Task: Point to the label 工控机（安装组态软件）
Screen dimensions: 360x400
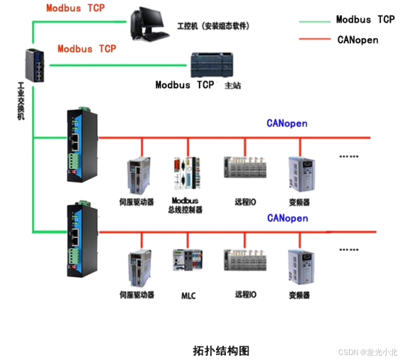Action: [x=212, y=26]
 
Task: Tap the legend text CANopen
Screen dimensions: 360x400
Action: [x=358, y=40]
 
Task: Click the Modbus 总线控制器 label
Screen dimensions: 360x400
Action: [x=185, y=206]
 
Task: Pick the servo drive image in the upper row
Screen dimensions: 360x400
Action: [x=139, y=175]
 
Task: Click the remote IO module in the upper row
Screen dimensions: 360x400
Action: [x=245, y=170]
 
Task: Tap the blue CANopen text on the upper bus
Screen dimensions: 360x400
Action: [x=287, y=123]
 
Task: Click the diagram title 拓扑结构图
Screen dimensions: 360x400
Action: [x=221, y=350]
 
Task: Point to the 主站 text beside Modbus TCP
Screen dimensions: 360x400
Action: [x=232, y=86]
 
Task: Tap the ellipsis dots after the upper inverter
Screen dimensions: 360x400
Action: [x=349, y=156]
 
